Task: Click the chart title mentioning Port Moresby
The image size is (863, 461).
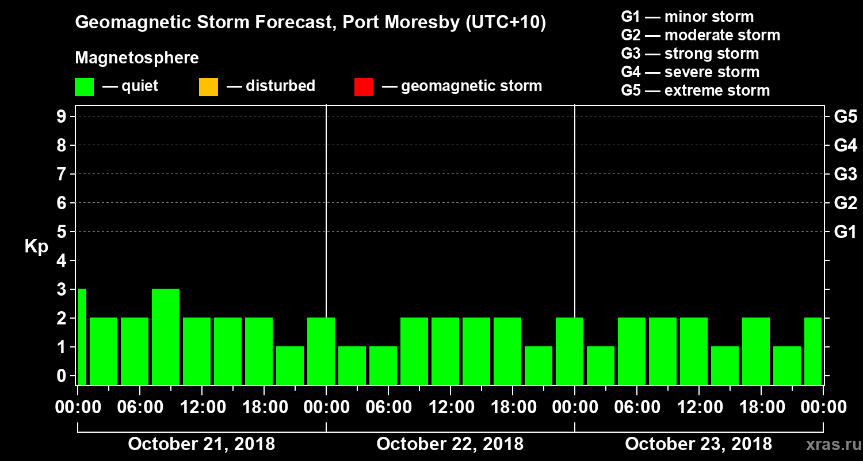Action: tap(311, 23)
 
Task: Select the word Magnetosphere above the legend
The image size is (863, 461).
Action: tap(137, 58)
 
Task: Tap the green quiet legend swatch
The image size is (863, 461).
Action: tap(84, 87)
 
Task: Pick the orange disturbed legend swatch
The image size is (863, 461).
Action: tap(208, 87)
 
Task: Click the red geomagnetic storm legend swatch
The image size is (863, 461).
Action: tap(364, 87)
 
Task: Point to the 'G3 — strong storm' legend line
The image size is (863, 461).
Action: tap(690, 54)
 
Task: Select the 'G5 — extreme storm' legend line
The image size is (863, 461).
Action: tap(695, 90)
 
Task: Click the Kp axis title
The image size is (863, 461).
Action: tap(36, 247)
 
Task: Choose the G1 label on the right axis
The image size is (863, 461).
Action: tap(845, 232)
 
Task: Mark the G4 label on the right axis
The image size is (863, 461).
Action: tap(845, 145)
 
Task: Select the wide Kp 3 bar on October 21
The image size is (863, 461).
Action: tap(166, 337)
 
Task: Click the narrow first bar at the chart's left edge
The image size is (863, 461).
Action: tap(82, 337)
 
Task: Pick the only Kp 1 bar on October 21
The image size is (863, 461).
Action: tap(290, 365)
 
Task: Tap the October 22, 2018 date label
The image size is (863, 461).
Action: tap(450, 444)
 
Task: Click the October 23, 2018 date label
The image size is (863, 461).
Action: tap(698, 444)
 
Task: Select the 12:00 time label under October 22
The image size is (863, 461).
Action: tap(450, 407)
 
